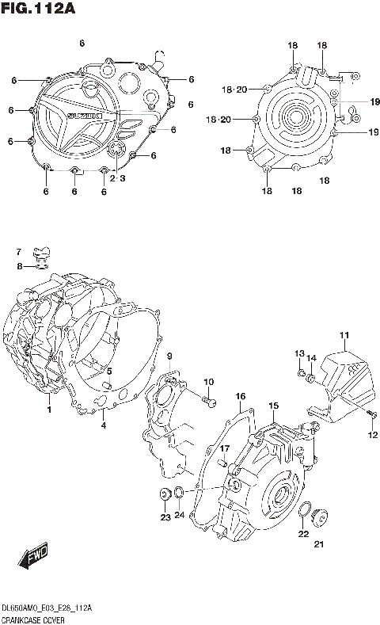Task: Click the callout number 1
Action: click(48, 410)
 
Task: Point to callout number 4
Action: click(102, 426)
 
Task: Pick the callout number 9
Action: click(169, 357)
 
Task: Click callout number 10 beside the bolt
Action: click(211, 383)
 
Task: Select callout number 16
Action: click(240, 395)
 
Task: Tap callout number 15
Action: click(273, 406)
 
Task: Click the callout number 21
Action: click(319, 543)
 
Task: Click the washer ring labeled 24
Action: click(180, 495)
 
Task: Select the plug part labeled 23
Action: click(165, 496)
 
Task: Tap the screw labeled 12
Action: click(370, 415)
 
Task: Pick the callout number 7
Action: click(20, 252)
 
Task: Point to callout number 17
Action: click(224, 448)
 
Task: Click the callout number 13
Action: click(300, 353)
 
